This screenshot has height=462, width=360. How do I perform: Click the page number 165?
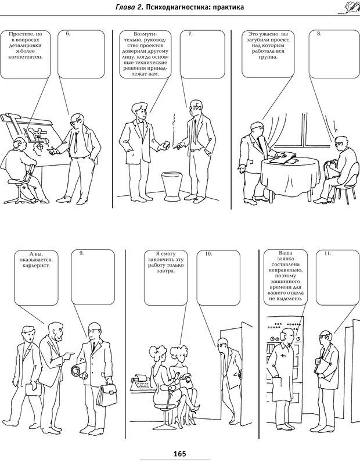tap(180, 453)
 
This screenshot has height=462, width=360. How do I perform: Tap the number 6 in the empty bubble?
tap(68, 34)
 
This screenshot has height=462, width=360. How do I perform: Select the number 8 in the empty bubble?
tap(319, 34)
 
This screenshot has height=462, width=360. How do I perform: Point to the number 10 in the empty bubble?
tap(208, 254)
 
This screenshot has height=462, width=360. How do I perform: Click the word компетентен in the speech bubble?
tap(26, 57)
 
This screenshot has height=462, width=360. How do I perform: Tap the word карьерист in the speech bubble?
tap(35, 265)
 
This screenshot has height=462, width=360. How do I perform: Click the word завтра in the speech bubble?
tap(165, 270)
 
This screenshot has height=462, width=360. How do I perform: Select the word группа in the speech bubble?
tap(268, 57)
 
